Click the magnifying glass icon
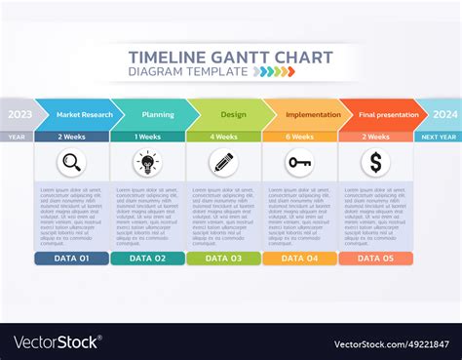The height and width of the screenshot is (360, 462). point(71,163)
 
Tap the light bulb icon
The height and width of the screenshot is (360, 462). point(147,163)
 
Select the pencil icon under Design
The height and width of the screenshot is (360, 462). point(223,163)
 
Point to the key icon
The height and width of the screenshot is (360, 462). point(299,163)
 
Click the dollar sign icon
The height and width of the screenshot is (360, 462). point(375,163)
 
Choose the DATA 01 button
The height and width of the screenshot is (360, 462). point(71,259)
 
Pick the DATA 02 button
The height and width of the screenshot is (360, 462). point(147,259)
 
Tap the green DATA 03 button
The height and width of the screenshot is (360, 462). point(223,259)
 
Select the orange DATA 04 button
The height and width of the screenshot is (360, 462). point(299,259)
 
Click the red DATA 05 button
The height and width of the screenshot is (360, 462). point(375,259)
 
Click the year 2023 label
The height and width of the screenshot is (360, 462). point(19,114)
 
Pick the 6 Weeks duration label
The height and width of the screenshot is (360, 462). point(299,137)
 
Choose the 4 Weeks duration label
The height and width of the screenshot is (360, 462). point(223,137)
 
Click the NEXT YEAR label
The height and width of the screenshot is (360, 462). point(438,137)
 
